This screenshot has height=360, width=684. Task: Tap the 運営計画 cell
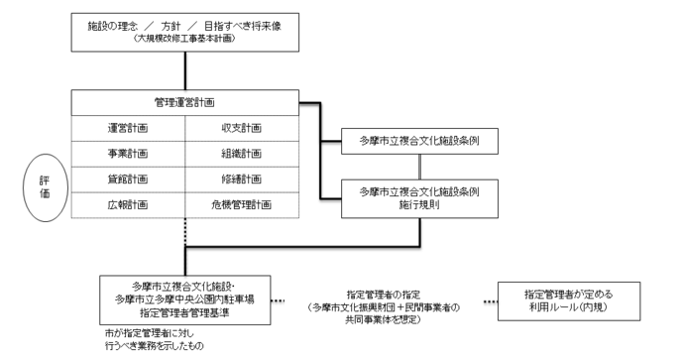(129, 128)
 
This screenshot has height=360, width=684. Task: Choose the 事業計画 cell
(129, 154)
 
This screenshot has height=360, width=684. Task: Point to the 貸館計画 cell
(129, 180)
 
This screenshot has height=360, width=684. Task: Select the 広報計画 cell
(129, 205)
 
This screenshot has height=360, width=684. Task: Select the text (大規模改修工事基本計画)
(185, 40)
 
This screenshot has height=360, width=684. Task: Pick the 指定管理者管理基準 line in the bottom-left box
(185, 310)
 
